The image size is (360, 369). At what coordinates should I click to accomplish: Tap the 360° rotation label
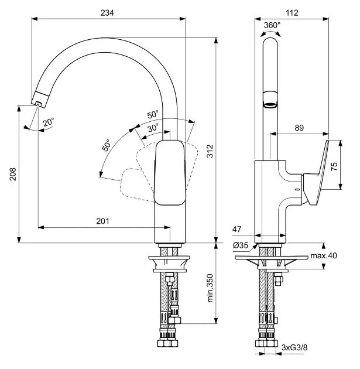tap(272, 25)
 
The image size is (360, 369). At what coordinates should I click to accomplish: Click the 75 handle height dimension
tap(334, 166)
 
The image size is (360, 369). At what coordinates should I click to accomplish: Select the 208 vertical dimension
tap(12, 174)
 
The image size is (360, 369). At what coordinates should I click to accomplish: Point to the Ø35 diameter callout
tap(240, 245)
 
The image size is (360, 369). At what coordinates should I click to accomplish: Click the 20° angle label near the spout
tap(49, 122)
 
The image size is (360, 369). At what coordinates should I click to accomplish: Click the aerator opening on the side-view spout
tap(270, 104)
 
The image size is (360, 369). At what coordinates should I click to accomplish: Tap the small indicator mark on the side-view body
tap(296, 192)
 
